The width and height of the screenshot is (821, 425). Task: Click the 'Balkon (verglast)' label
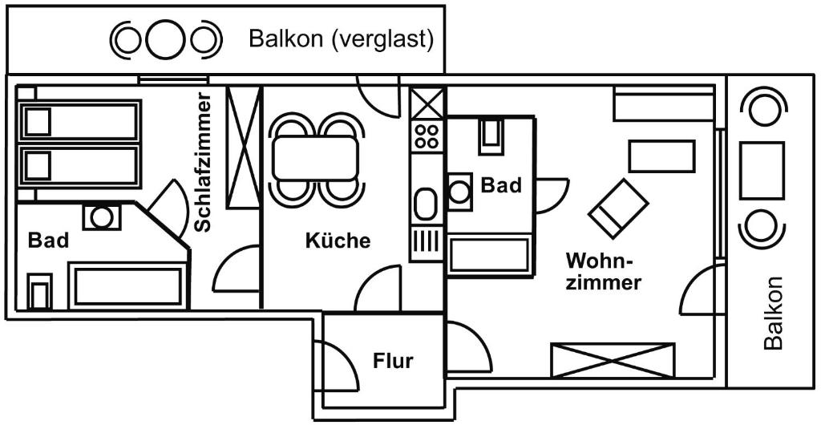click(341, 38)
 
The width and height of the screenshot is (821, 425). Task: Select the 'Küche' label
click(338, 240)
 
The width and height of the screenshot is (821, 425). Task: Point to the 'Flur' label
click(393, 361)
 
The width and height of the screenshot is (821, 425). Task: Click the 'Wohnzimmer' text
click(603, 272)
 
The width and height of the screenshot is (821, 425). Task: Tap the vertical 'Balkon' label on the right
click(773, 314)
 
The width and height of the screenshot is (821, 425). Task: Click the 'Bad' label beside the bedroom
click(48, 240)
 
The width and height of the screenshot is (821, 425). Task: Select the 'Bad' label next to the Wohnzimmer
click(501, 185)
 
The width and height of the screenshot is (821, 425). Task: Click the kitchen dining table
click(314, 157)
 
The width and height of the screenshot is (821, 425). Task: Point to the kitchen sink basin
click(426, 204)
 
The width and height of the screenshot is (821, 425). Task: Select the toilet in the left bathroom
click(38, 291)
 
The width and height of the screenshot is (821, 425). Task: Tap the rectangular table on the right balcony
click(761, 169)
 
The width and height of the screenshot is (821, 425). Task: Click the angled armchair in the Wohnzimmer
click(618, 208)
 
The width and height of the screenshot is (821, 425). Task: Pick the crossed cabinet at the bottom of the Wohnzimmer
click(613, 358)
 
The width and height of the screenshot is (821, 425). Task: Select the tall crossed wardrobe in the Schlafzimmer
click(245, 147)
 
